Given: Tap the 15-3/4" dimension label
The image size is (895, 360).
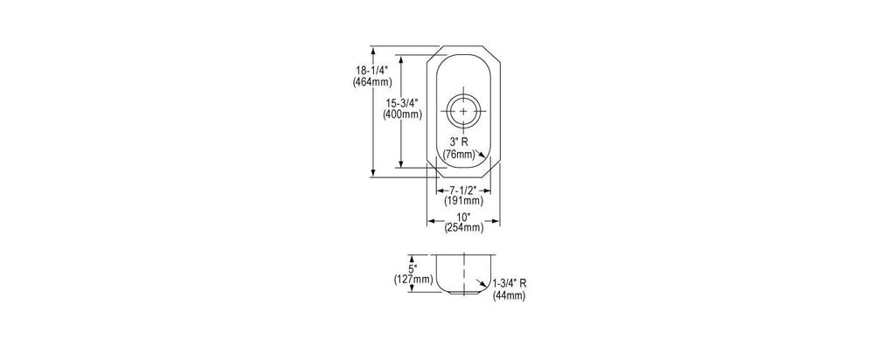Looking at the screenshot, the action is [402, 103].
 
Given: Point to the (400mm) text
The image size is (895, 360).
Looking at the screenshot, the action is [402, 114].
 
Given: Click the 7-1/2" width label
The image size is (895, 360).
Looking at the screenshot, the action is [463, 190].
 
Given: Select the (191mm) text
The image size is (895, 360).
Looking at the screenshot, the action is [463, 201].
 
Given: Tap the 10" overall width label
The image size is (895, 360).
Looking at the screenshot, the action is [463, 217].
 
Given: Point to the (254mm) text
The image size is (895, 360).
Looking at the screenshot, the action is [463, 228].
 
